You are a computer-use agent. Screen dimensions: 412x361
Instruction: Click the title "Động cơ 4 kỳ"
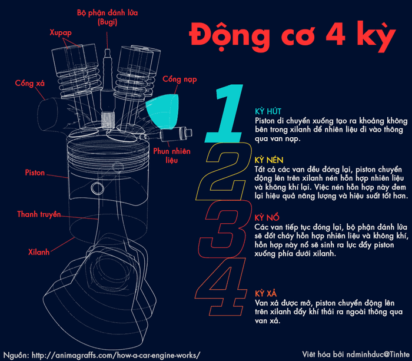click(292, 37)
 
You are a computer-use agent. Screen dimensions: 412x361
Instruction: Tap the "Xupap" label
click(61, 32)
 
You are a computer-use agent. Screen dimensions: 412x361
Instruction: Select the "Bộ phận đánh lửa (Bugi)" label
click(107, 17)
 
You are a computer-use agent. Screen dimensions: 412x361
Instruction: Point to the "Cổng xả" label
click(29, 83)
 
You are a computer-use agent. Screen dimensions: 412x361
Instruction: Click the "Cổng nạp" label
click(180, 79)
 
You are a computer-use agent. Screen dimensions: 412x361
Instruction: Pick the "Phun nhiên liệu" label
click(172, 155)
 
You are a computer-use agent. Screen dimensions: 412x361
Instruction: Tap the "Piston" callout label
click(35, 173)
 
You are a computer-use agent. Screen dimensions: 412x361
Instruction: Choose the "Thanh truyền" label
click(39, 214)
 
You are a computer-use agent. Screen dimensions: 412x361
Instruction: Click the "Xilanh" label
click(39, 252)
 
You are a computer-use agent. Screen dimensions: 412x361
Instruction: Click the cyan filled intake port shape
click(164, 111)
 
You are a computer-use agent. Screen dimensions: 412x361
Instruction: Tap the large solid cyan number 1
click(225, 113)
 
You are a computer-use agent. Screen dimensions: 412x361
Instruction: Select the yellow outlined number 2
click(224, 171)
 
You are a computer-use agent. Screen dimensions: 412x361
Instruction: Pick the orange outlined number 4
click(221, 287)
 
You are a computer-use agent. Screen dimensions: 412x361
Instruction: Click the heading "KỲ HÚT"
click(268, 111)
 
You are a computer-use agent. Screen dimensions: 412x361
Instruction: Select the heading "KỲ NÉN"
click(269, 160)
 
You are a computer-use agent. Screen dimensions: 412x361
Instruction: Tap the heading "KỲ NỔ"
click(267, 217)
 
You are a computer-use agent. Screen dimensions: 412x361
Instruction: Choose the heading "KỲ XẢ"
click(265, 293)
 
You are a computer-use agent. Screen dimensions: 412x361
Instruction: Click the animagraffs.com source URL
click(116, 355)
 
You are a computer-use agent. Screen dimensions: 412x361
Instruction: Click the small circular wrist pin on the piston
click(98, 188)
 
